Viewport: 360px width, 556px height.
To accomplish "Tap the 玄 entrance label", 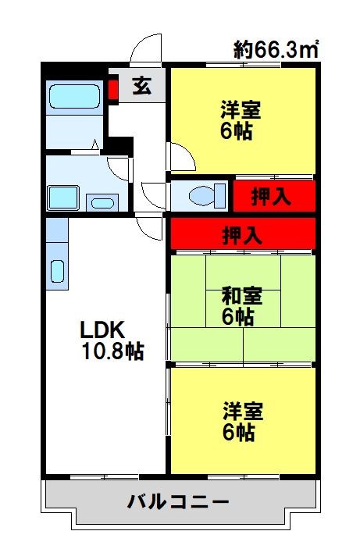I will [141, 85].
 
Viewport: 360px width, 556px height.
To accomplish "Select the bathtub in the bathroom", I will [73, 97].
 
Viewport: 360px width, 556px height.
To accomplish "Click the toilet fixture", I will [199, 194].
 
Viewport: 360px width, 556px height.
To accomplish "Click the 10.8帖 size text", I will [112, 351].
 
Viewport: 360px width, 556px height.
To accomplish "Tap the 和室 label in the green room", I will [241, 296].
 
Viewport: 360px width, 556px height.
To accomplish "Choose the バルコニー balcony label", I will [179, 501].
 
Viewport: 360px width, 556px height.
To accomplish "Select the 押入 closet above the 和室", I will [242, 233].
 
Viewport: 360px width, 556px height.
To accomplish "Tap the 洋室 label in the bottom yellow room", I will [241, 410].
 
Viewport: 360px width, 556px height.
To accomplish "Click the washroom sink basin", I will [101, 202].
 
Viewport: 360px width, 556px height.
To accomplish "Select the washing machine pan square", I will [63, 195].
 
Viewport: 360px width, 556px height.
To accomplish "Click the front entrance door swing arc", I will [146, 52].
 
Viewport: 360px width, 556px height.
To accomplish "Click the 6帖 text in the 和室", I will [237, 317].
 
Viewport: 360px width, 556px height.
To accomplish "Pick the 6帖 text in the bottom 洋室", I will [237, 431].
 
